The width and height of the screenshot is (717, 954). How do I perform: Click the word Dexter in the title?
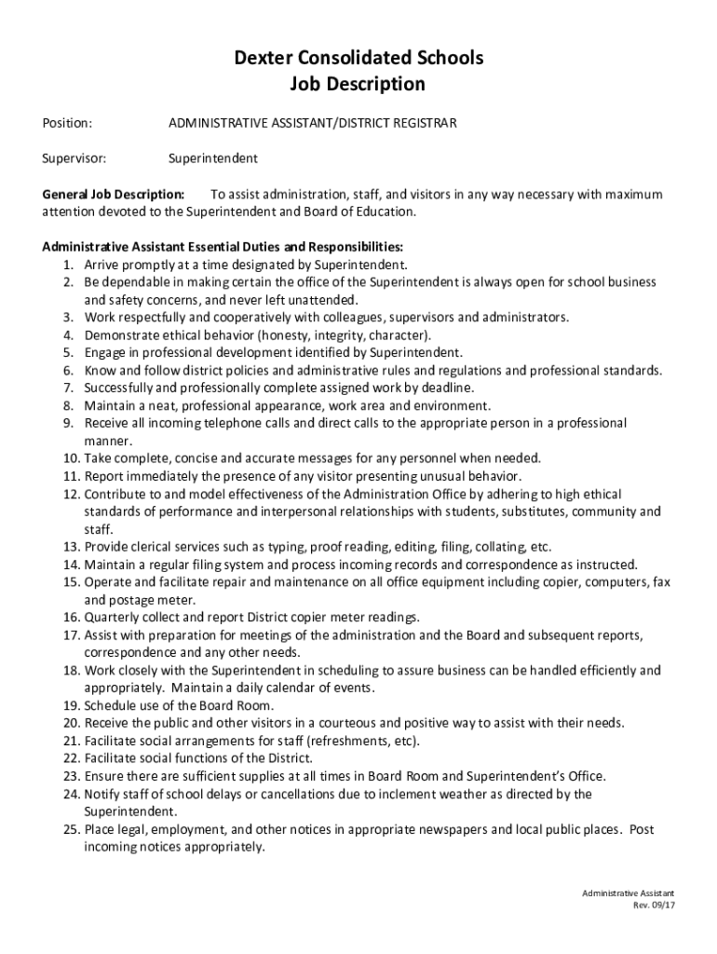pos(262,59)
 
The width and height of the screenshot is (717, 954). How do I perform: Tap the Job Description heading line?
pos(358,85)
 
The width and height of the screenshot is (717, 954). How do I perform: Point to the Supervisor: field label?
pos(74,158)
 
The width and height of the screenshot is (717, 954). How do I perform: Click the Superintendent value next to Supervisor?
pos(213,158)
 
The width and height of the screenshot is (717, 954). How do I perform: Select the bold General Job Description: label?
pos(114,195)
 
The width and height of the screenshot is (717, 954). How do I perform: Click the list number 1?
pos(69,264)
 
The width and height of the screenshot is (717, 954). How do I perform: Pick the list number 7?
pos(69,388)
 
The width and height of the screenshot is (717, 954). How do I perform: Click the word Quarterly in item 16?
pos(113,617)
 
